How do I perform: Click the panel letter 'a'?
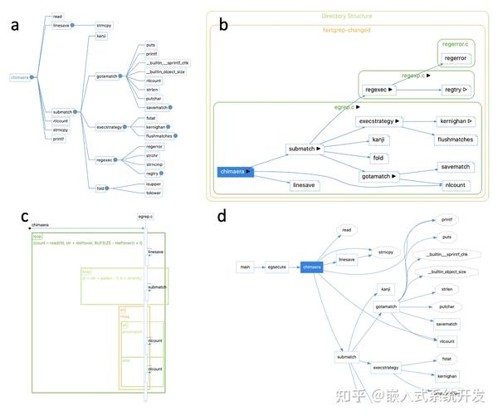14,24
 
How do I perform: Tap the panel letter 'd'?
222,217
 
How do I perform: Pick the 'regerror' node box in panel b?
455,57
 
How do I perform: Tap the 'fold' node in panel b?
379,157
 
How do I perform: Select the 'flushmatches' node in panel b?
455,139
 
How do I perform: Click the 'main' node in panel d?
245,267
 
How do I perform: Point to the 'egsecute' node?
276,267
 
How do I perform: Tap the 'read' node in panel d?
347,228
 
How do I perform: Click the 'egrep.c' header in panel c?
146,216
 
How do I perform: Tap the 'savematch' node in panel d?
447,323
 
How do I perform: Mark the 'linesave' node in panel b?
305,185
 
